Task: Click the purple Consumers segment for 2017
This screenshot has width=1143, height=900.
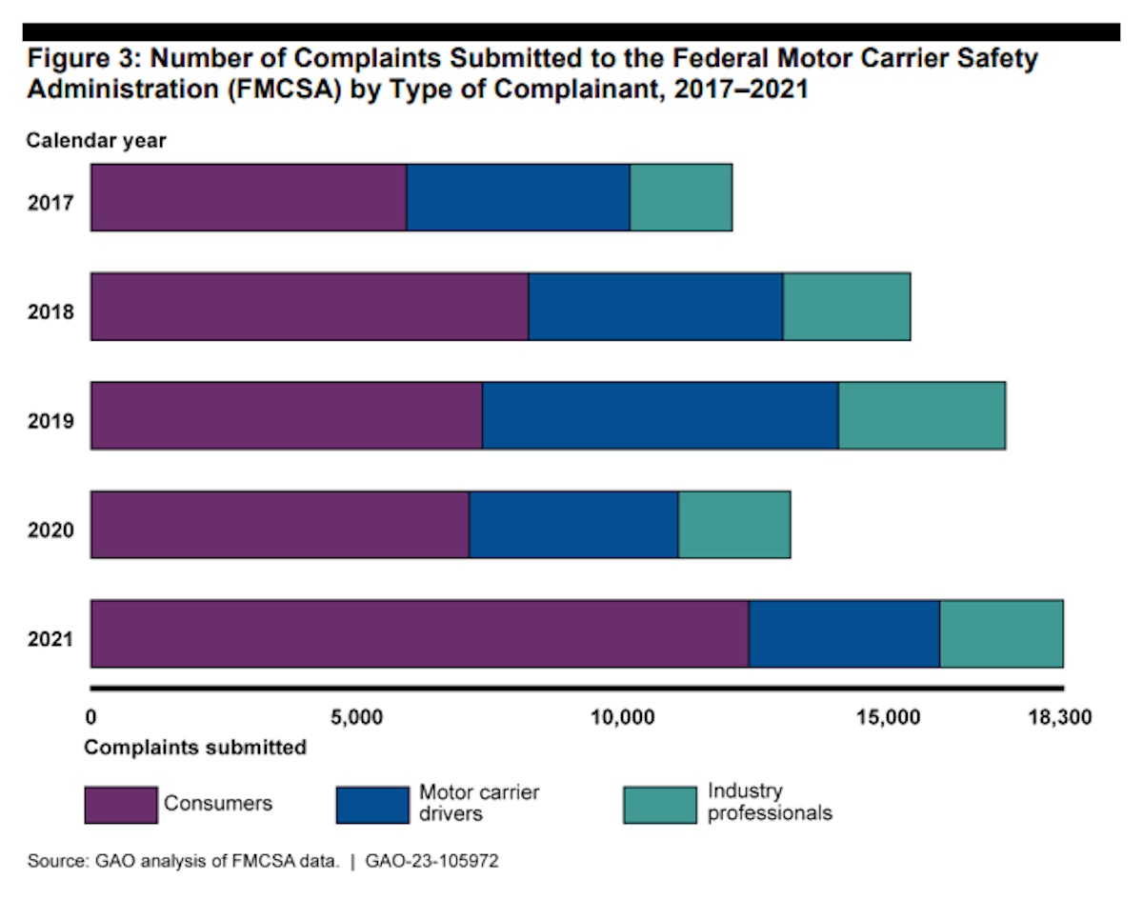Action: pyautogui.click(x=249, y=197)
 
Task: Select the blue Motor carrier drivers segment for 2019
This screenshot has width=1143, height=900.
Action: pyautogui.click(x=660, y=415)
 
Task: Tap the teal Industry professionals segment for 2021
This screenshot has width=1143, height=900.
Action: pyautogui.click(x=1001, y=634)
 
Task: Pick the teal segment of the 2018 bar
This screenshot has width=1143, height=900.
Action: pyautogui.click(x=846, y=307)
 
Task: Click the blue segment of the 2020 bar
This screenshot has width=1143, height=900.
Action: pyautogui.click(x=573, y=525)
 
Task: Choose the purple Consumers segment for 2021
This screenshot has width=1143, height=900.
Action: pyautogui.click(x=419, y=634)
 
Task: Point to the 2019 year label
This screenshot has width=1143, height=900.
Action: pyautogui.click(x=50, y=420)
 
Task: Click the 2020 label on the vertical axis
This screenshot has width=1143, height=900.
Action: pyautogui.click(x=50, y=530)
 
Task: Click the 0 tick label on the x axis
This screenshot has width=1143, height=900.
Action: pyautogui.click(x=90, y=716)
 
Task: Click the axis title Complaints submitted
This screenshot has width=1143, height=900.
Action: pyautogui.click(x=195, y=747)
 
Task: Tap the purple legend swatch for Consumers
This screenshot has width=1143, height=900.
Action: pyautogui.click(x=120, y=805)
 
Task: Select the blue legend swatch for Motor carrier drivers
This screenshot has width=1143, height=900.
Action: pyautogui.click(x=372, y=805)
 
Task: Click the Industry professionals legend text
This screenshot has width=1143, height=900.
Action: pyautogui.click(x=770, y=802)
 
